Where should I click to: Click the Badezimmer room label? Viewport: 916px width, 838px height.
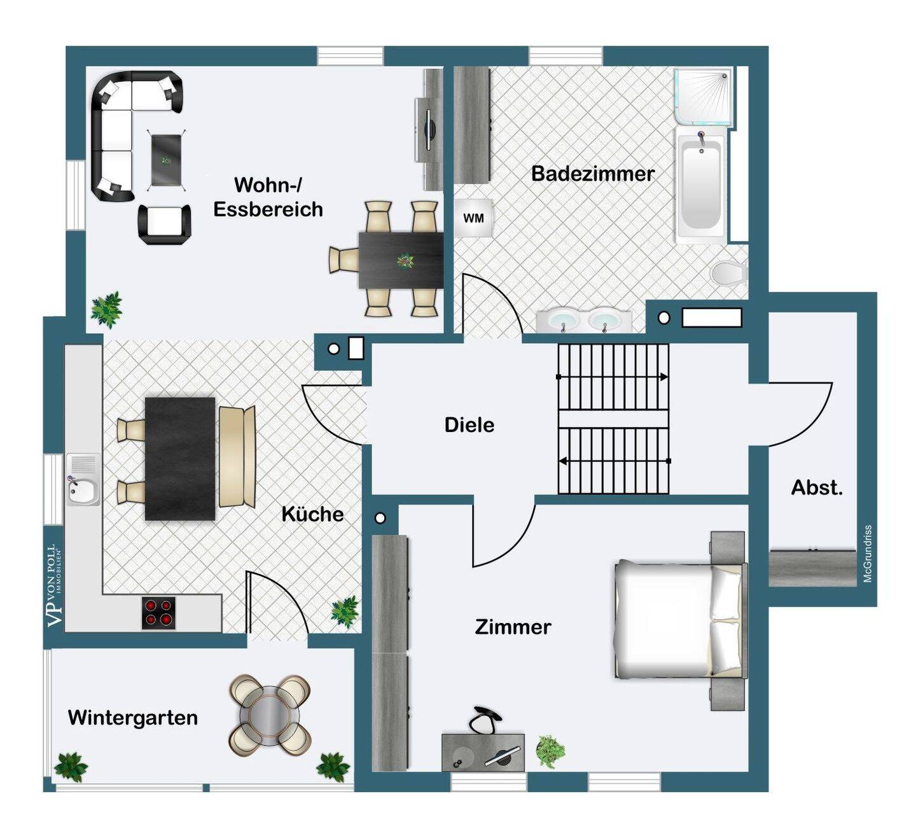pos(592,174)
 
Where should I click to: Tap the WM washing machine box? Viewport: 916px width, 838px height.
pos(473,218)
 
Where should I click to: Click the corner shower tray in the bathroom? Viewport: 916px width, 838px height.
pos(704,96)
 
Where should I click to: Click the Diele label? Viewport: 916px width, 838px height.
pos(469,425)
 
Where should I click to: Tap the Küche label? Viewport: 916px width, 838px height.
pos(312,514)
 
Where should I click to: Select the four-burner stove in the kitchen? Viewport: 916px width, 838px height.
pos(158,613)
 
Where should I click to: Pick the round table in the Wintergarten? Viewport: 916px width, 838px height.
pos(270,715)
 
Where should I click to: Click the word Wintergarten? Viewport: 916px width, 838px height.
pos(132,718)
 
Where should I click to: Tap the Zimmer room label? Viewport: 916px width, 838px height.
pos(513,627)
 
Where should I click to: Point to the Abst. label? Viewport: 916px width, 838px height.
pos(817,488)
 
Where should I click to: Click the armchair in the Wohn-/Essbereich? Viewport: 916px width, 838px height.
pos(165,223)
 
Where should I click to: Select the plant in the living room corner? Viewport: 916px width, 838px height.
pos(106,308)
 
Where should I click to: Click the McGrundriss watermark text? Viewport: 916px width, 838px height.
pos(868,554)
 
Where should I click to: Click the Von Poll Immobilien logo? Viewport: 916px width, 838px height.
pos(55,585)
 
